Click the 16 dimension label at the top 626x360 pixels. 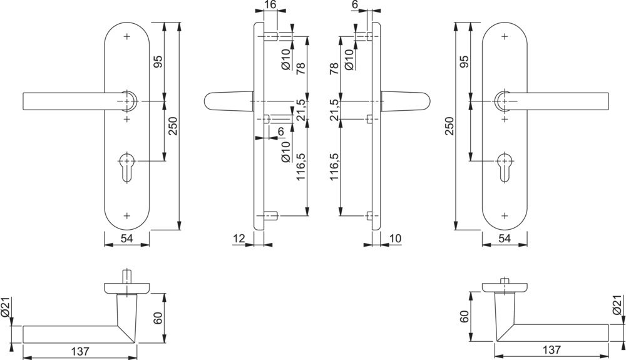coord(270,5)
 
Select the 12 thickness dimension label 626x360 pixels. coord(238,238)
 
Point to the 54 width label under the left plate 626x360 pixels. coord(127,239)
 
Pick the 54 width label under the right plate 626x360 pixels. coord(505,239)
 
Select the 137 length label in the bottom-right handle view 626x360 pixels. coord(552,349)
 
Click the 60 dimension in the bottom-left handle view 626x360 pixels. coord(158,318)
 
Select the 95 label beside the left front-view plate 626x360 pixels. coord(158,62)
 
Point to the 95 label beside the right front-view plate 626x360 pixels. coord(464,62)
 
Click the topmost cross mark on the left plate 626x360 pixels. coord(127,38)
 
